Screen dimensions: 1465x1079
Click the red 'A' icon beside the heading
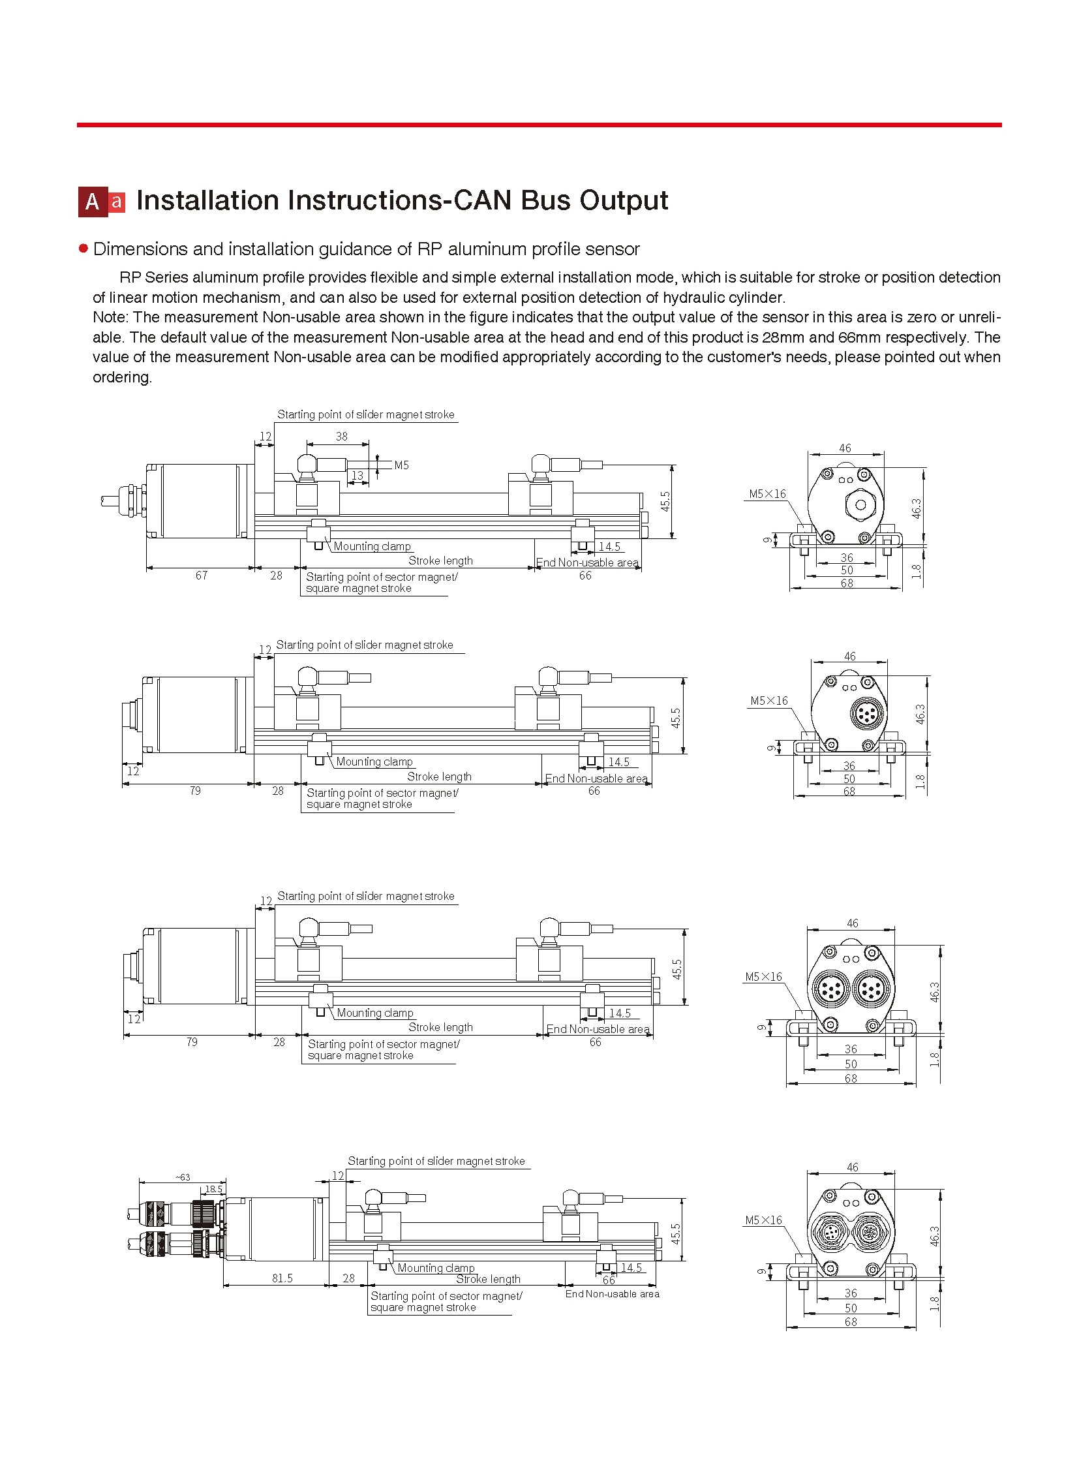92,202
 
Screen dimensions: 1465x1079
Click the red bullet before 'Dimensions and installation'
83,249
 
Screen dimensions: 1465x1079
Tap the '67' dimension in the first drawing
201,576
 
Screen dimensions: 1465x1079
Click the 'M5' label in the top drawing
401,465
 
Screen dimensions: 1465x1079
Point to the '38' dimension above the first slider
342,437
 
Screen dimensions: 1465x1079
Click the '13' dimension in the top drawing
357,475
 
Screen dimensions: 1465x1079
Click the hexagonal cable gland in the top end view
860,504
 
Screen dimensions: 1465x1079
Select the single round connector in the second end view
867,713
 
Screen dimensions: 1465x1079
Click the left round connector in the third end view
830,991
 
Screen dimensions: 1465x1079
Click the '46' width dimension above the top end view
845,448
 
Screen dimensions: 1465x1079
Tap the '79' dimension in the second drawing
195,792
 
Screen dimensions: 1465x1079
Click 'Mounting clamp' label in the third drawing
375,1013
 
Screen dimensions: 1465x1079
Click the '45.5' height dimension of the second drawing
676,718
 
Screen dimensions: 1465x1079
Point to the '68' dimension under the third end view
851,1079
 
